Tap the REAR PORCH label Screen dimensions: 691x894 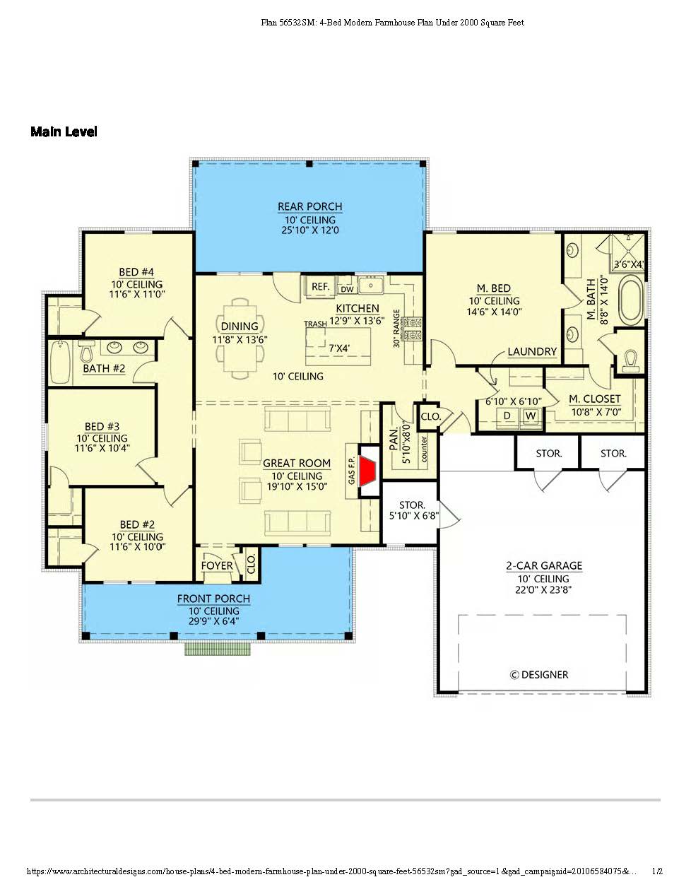(309, 206)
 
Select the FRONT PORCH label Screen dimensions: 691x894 (213, 599)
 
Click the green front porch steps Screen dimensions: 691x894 (217, 649)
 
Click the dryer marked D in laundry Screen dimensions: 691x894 (507, 416)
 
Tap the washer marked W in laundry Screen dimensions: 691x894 (531, 416)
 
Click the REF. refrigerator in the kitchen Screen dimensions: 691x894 (320, 286)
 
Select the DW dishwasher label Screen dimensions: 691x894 (347, 289)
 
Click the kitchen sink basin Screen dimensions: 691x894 (371, 285)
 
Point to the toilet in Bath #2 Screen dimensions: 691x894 (86, 352)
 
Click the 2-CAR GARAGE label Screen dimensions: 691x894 (544, 565)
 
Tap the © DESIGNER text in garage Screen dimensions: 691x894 (539, 674)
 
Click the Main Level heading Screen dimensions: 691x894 (64, 131)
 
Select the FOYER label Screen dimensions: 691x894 (217, 565)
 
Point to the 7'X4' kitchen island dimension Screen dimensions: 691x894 (339, 348)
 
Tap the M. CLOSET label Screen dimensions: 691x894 (594, 399)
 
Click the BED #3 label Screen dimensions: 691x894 (102, 426)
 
